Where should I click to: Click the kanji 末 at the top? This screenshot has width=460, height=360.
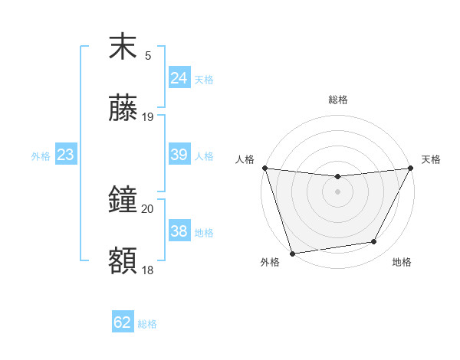point(123,47)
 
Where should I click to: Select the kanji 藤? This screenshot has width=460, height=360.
point(123,109)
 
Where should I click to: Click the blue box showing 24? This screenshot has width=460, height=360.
point(179,77)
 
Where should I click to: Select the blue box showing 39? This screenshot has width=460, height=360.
point(179,155)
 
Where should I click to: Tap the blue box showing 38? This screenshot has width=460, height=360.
point(179,231)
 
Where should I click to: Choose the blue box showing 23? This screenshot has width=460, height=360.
point(66,155)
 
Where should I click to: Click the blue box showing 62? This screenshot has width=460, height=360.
point(123,322)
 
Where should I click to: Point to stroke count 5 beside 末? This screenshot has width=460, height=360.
point(148,56)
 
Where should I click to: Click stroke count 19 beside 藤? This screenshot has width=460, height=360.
point(148,117)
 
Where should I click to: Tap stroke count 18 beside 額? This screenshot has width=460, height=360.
point(148,270)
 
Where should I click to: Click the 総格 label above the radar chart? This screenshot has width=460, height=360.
point(337,100)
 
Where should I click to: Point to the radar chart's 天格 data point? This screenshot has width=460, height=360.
point(411,169)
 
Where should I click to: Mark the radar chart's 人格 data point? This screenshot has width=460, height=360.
point(264,168)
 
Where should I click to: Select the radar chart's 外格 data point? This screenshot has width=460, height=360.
point(292,253)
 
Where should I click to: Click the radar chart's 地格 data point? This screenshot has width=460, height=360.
point(374,242)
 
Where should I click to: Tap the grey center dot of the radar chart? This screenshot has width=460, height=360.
point(337,191)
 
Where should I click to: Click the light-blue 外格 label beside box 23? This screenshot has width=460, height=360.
point(41,156)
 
